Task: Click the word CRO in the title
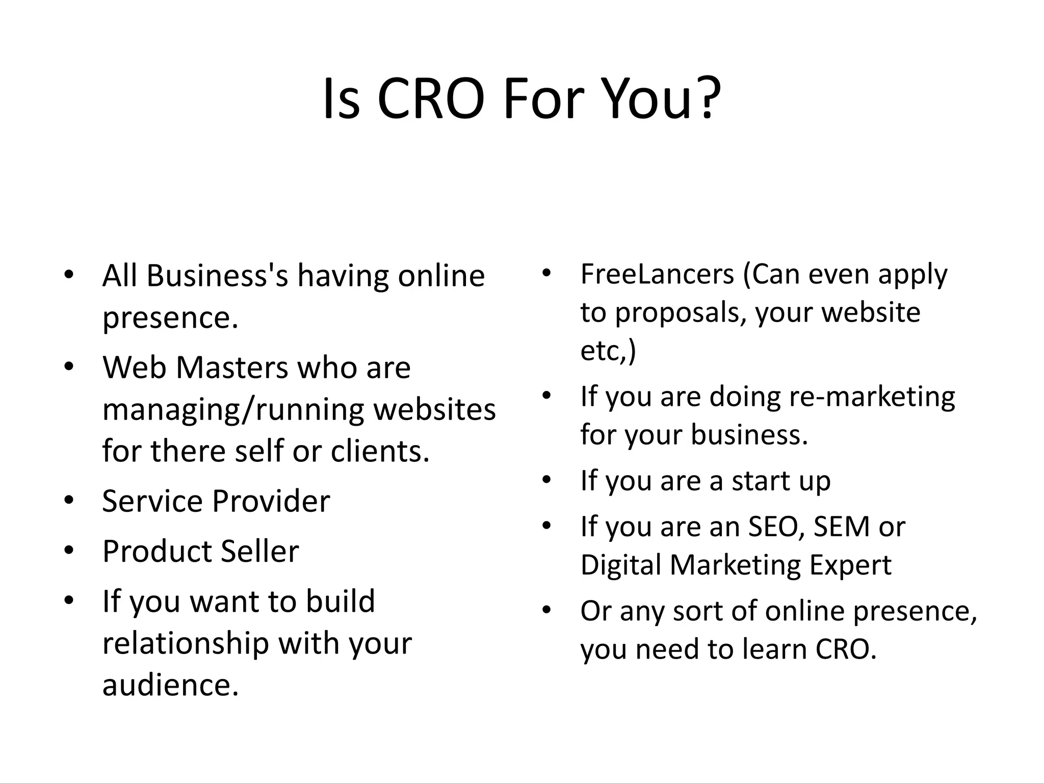click(x=431, y=98)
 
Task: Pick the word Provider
click(x=271, y=501)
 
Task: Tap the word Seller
click(x=260, y=551)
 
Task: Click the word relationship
click(x=186, y=643)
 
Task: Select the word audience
click(x=170, y=685)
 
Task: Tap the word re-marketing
click(x=872, y=397)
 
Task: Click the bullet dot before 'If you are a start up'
click(x=547, y=480)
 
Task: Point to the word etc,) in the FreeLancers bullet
click(x=608, y=351)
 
